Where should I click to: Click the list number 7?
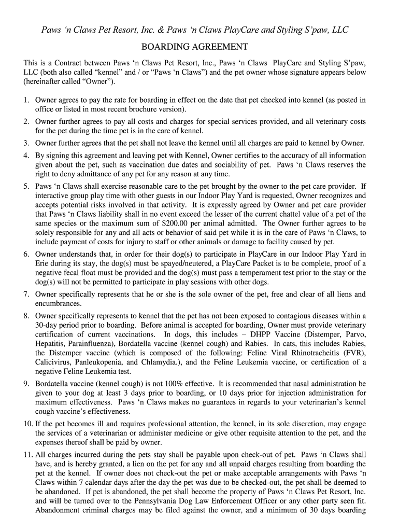click(26, 294)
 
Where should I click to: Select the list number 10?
click(27, 424)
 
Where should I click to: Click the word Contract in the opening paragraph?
click(80, 63)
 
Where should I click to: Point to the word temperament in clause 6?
click(235, 273)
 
